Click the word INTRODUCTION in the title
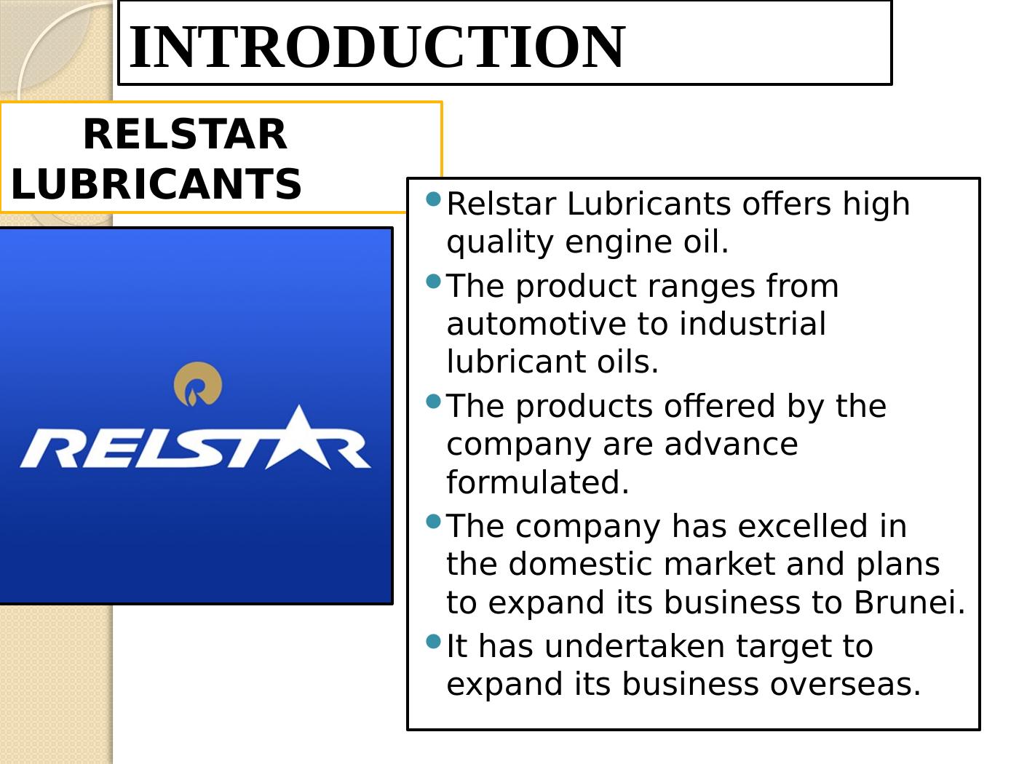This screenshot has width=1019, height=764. pyautogui.click(x=376, y=47)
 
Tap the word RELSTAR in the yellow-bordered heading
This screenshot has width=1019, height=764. pyautogui.click(x=185, y=135)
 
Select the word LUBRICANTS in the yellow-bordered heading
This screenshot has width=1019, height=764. pyautogui.click(x=156, y=184)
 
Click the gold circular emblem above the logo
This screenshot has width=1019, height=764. pyautogui.click(x=198, y=383)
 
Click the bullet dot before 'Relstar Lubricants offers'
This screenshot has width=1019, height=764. pyautogui.click(x=433, y=199)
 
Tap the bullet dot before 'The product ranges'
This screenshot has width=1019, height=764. pyautogui.click(x=433, y=281)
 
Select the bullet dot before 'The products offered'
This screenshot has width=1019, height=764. pyautogui.click(x=433, y=401)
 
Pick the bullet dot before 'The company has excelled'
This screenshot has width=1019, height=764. pyautogui.click(x=433, y=521)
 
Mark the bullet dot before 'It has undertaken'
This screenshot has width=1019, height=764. pyautogui.click(x=433, y=641)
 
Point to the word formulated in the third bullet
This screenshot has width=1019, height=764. pyautogui.click(x=537, y=482)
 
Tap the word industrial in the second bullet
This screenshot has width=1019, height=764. pyautogui.click(x=753, y=324)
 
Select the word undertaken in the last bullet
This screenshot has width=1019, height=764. pyautogui.click(x=635, y=646)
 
